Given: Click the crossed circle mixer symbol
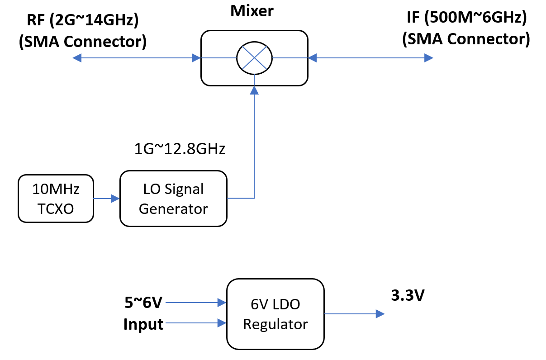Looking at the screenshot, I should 255,58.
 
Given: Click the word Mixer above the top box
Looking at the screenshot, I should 252,11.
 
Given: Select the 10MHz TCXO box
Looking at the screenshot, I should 56,199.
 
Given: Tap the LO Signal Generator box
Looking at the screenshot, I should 173,199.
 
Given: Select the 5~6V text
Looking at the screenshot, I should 143,302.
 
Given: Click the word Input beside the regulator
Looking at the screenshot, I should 143,324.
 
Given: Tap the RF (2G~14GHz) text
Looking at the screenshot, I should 82,19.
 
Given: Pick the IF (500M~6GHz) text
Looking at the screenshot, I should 466,19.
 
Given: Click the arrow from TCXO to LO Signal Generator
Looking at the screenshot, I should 106,198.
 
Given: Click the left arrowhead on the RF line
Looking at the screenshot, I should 77,58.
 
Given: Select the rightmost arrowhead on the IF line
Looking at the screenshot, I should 428,58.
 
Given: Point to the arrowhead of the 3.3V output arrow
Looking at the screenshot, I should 380,313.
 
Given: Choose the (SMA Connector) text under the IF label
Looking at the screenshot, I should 466,39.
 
